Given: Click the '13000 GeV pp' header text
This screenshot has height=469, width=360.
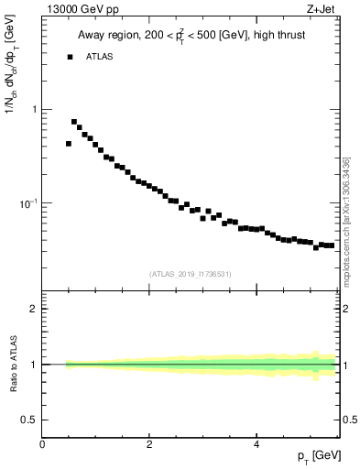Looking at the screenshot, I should [80, 10].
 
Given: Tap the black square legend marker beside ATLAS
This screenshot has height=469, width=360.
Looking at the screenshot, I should [69, 57].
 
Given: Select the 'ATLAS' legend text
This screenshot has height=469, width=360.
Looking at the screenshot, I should [99, 57].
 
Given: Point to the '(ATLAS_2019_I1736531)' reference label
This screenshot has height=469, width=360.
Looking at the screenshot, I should [191, 273].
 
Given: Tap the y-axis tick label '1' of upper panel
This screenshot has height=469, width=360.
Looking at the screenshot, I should [35, 110].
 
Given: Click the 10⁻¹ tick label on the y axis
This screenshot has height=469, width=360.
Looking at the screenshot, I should [28, 202].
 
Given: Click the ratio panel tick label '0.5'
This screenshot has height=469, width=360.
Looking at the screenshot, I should [28, 420].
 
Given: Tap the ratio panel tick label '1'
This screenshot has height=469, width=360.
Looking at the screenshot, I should [34, 365].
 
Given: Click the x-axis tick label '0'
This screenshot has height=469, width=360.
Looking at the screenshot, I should [42, 443].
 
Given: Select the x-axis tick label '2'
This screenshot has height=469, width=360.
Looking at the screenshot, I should [149, 443].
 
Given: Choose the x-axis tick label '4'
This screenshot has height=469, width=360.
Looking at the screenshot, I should [256, 443].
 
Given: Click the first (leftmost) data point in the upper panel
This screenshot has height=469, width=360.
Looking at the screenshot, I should [69, 144].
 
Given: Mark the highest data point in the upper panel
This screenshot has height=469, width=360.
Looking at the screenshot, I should [74, 121].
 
